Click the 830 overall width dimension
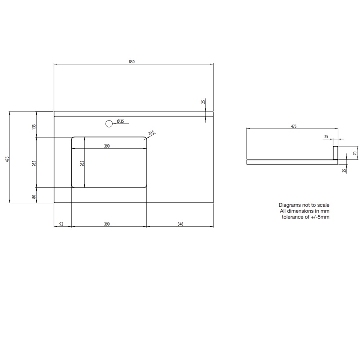coord(131,62)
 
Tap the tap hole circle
coord(109,124)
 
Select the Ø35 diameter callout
coord(120,121)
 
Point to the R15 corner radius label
coord(152,133)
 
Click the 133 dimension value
coord(34,126)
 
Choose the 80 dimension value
coord(34,197)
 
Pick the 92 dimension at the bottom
coord(61,224)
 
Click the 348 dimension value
coord(180,224)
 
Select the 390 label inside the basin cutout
coord(107,146)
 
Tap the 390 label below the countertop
coord(107,224)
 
